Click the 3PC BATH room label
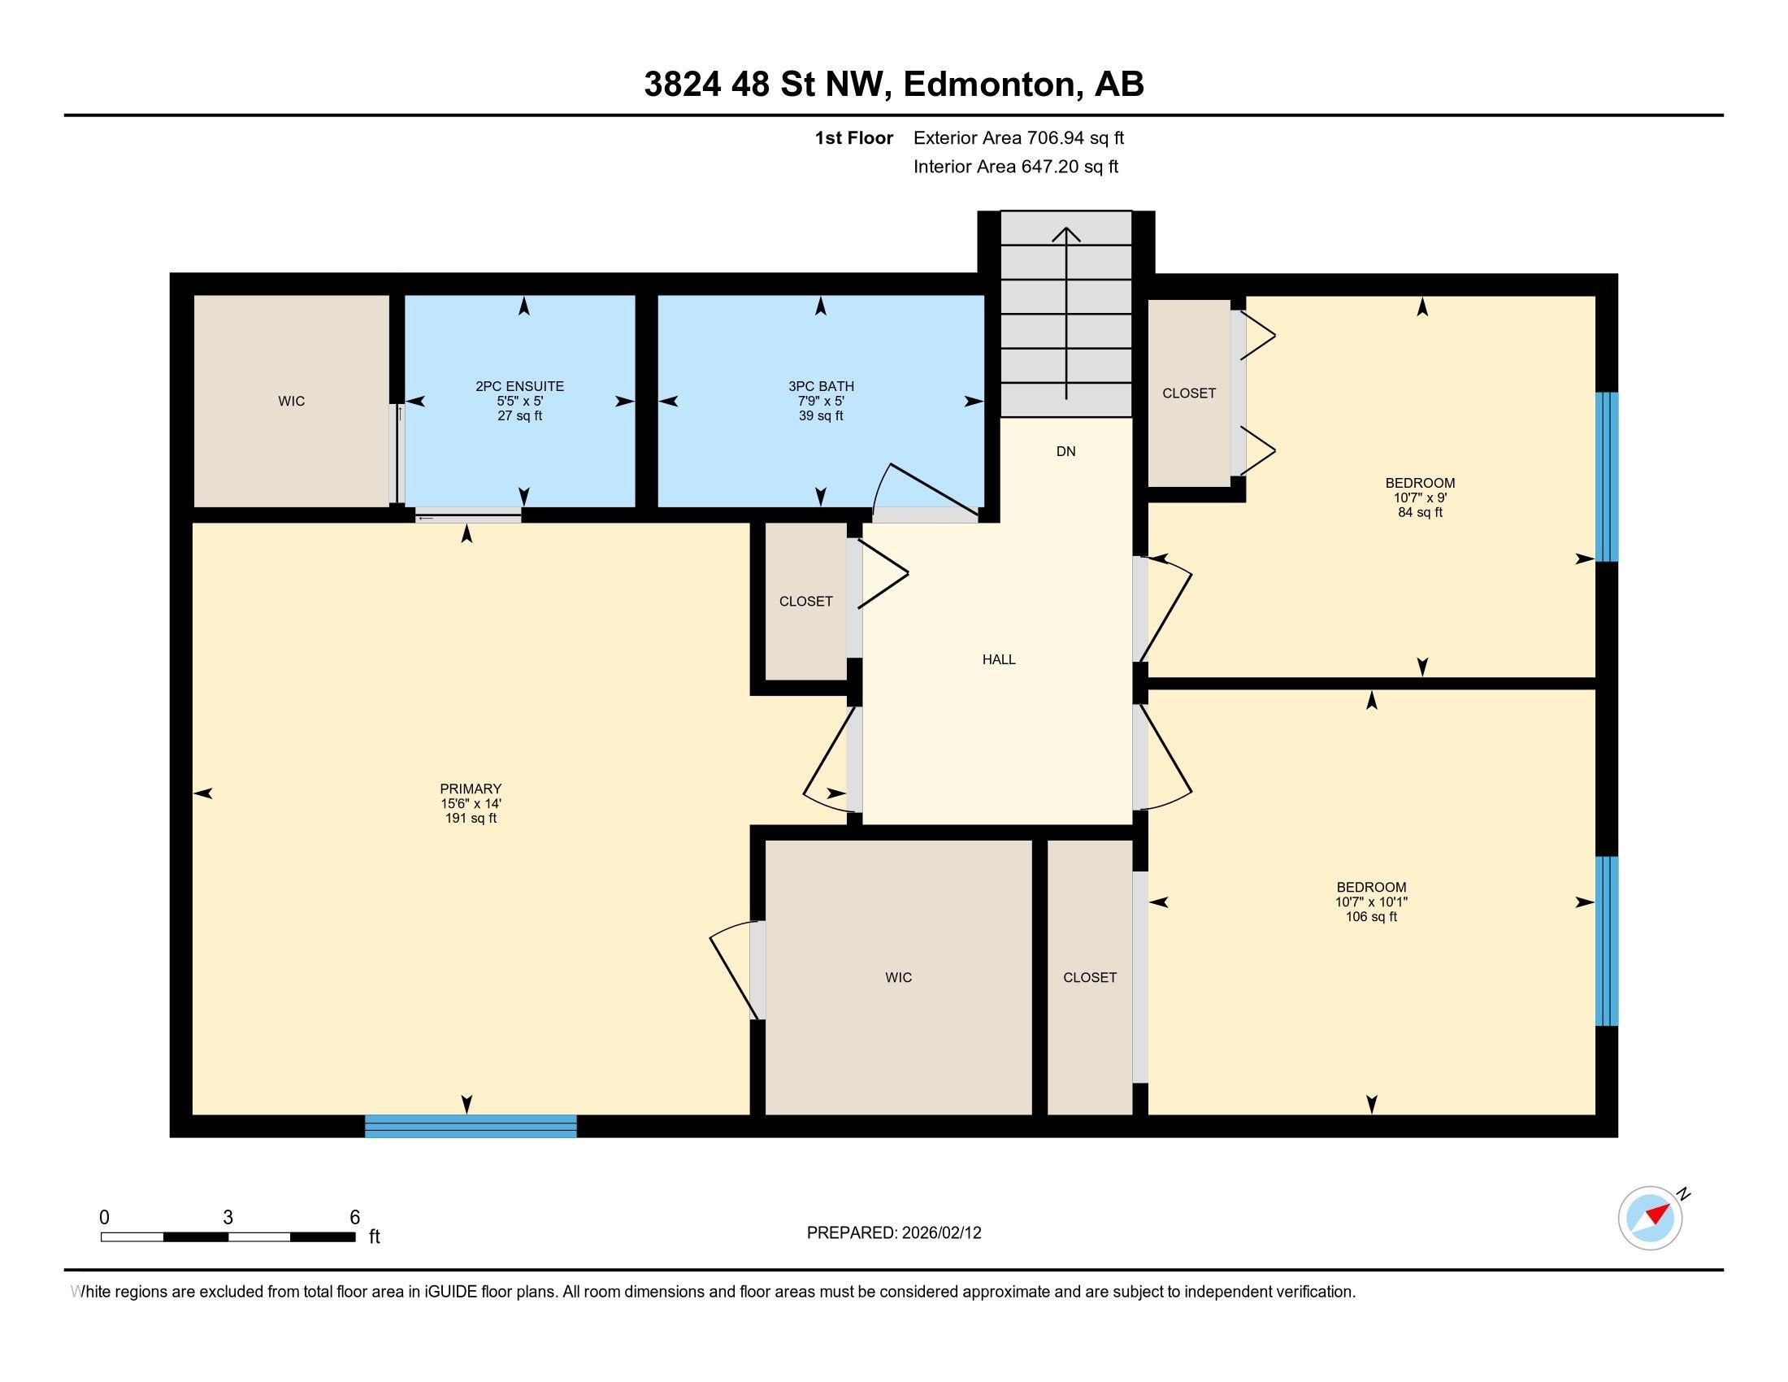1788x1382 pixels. [x=821, y=386]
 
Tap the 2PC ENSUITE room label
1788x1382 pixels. [x=520, y=386]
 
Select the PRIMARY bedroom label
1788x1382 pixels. [x=471, y=789]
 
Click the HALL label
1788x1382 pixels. [x=999, y=660]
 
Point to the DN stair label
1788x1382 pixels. [x=1066, y=452]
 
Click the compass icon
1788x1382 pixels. [x=1651, y=1218]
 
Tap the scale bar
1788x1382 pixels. [x=228, y=1237]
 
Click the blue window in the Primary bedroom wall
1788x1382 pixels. [x=471, y=1127]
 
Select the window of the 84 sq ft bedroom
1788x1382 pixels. [x=1608, y=477]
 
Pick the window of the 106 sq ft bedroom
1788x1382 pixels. [x=1608, y=941]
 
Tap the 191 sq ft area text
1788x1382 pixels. [x=471, y=819]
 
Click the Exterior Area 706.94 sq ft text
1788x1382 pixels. [x=1019, y=138]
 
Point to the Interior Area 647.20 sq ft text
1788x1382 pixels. [x=1016, y=167]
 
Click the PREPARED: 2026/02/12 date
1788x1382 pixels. [x=894, y=1233]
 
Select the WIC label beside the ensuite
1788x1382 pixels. [x=292, y=401]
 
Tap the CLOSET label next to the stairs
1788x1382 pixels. [x=1189, y=393]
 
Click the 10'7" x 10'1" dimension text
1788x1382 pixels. [x=1371, y=902]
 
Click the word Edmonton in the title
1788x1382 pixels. [x=989, y=85]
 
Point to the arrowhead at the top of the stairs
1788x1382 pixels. [x=1066, y=234]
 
